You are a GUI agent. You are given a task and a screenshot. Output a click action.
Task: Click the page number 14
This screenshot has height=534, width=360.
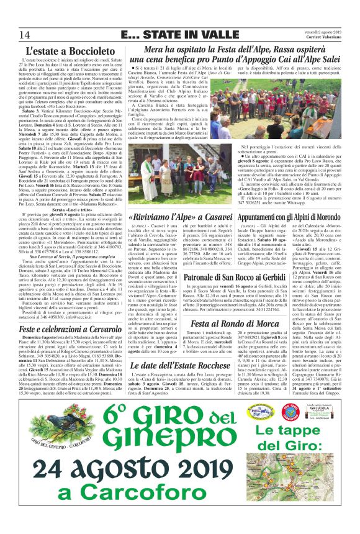25,33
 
